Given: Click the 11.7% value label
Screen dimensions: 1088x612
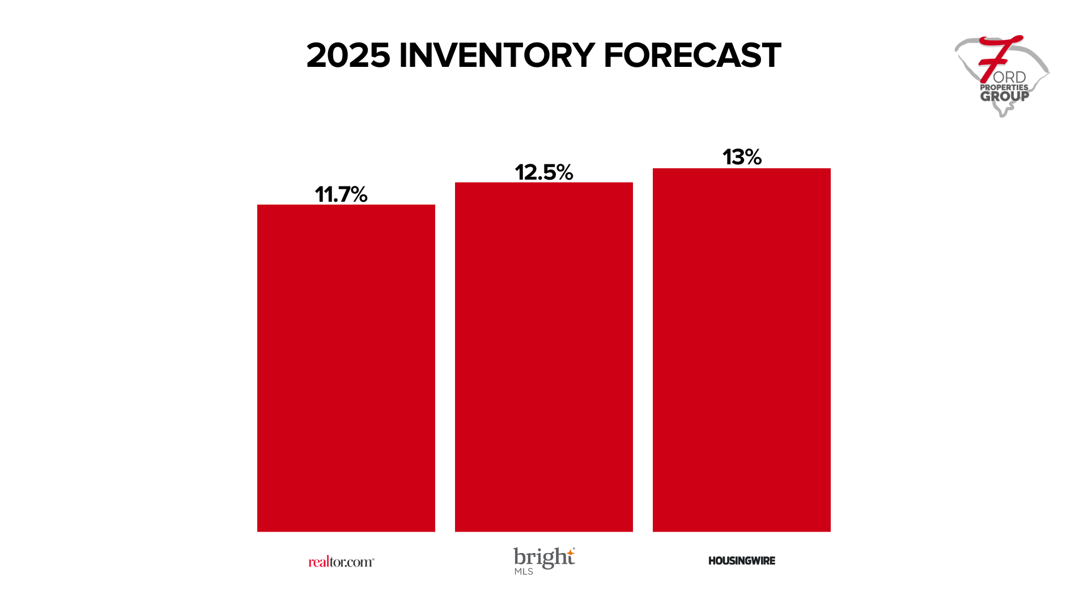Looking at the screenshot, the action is click(341, 194).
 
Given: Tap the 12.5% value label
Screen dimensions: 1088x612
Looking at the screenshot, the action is click(543, 172).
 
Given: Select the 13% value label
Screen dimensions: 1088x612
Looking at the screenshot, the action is click(742, 157).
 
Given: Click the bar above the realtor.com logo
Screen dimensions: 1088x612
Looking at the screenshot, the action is click(346, 368).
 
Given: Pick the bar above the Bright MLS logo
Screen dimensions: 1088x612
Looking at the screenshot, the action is click(544, 357).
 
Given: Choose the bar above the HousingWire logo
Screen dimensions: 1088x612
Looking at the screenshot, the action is click(742, 350).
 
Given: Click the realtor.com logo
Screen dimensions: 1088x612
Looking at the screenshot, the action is click(341, 562).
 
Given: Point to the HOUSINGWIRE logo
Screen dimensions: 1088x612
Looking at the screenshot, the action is click(742, 560).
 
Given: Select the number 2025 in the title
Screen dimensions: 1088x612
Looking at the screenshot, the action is click(348, 56).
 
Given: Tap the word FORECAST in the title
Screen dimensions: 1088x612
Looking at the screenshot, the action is click(692, 56).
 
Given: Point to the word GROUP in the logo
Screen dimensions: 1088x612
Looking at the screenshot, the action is click(1005, 96).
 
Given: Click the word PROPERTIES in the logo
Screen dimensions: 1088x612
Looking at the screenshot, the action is click(1004, 87).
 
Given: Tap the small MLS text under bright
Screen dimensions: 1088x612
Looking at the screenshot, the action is click(524, 571).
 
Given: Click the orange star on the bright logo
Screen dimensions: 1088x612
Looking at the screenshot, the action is click(571, 551).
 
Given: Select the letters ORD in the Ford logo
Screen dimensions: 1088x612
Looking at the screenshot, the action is click(1009, 77).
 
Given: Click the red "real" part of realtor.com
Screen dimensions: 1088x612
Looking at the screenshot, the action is click(318, 562).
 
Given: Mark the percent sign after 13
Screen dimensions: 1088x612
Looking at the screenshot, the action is click(753, 157).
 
